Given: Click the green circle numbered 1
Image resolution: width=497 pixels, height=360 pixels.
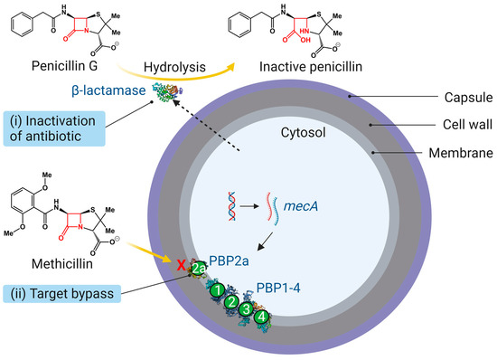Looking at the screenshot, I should click(x=218, y=290).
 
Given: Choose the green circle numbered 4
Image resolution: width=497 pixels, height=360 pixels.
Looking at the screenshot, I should click(x=262, y=318).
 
